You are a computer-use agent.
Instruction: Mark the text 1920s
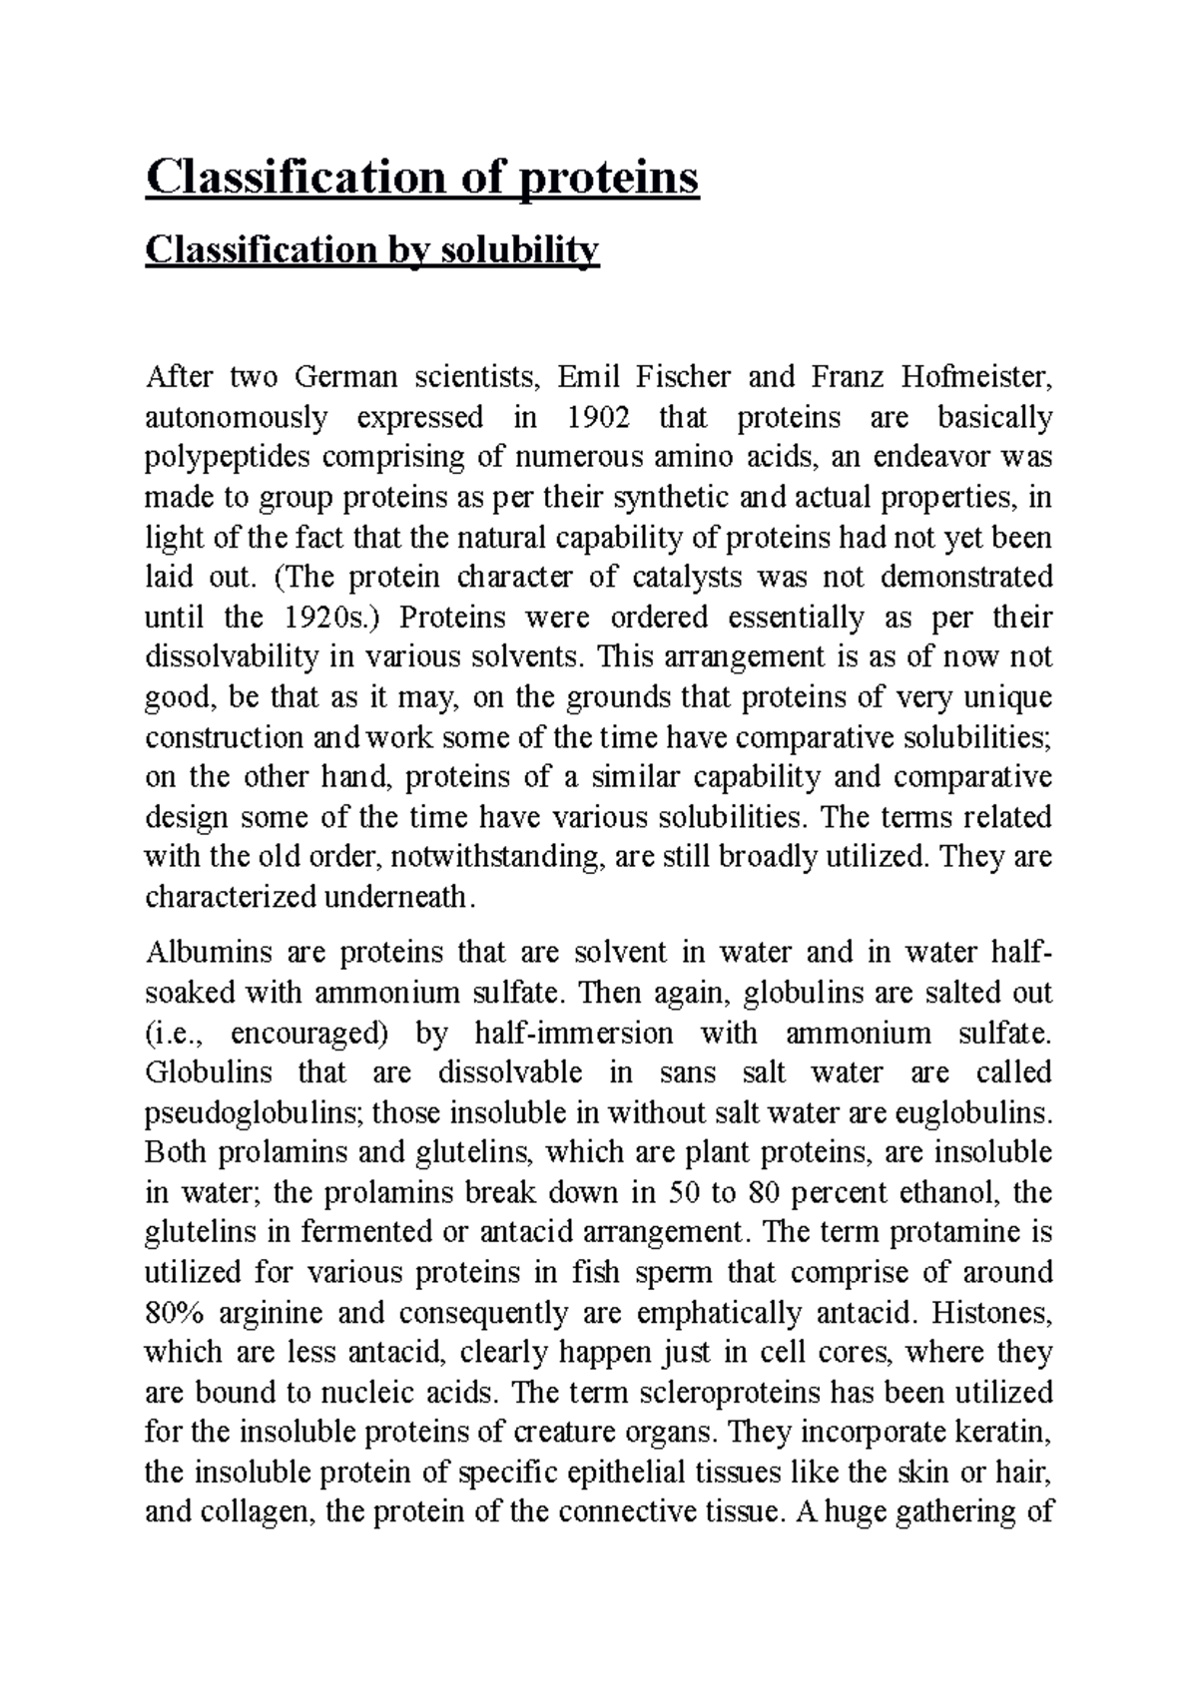(326, 618)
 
